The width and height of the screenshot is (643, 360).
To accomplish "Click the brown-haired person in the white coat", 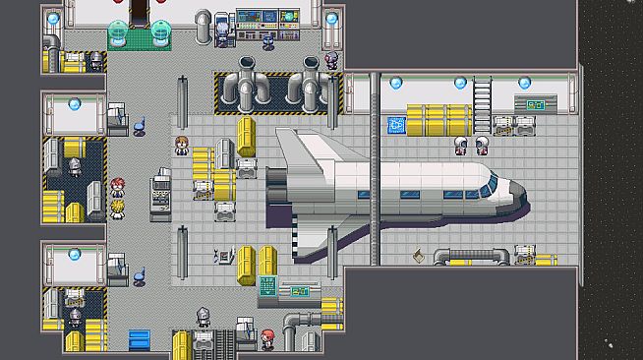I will [181, 147].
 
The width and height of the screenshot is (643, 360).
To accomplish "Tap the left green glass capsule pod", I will [117, 35].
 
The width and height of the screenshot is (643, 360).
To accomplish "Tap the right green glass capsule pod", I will [160, 35].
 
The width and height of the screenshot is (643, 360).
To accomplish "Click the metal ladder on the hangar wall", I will [482, 99].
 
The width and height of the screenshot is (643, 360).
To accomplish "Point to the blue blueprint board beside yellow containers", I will [396, 124].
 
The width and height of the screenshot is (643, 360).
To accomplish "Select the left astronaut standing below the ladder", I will [460, 147].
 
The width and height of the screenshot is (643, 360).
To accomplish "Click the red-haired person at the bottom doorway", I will [267, 339].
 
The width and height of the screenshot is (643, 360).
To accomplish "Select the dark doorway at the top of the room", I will [140, 11].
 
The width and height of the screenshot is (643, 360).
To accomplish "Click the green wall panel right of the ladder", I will [535, 102].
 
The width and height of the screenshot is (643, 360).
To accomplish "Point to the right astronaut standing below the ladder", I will [482, 147].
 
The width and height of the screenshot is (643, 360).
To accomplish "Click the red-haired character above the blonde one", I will [118, 186].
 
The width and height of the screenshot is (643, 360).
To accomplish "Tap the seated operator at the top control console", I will [267, 39].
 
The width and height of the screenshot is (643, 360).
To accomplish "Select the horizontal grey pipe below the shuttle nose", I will [472, 256].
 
